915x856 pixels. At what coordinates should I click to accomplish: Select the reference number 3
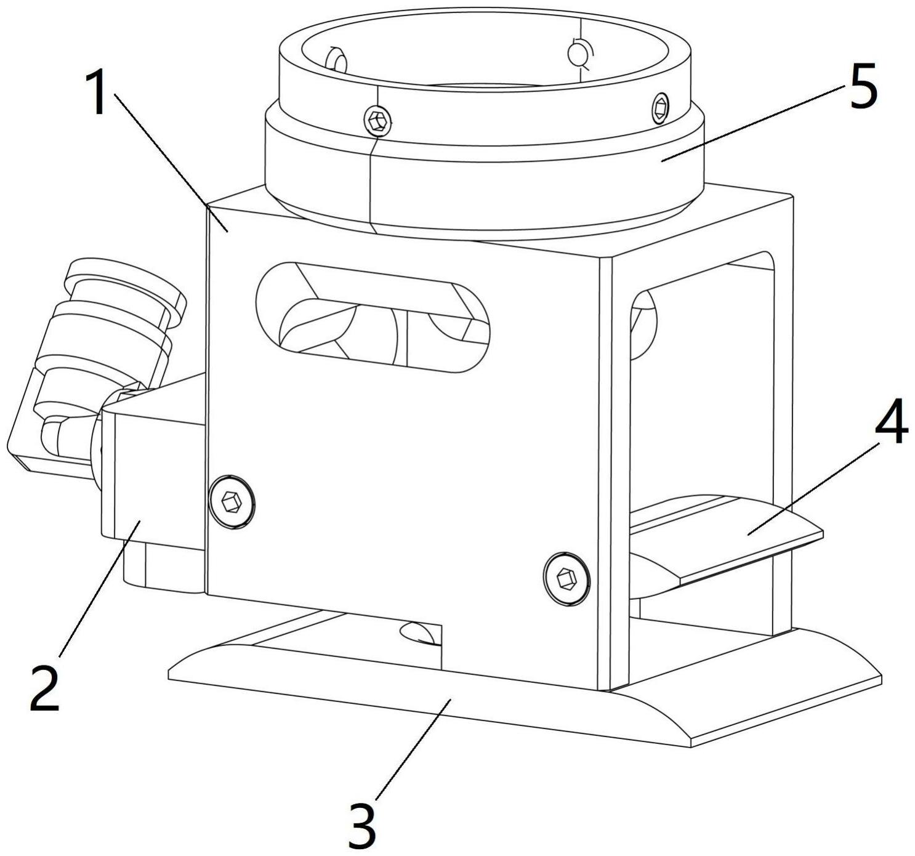[x=361, y=825]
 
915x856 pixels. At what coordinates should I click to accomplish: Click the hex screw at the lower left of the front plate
[x=232, y=502]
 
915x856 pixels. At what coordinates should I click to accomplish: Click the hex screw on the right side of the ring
[x=660, y=109]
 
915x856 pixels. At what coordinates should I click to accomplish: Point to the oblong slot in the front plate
[x=373, y=318]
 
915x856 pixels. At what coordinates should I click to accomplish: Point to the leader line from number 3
[x=413, y=748]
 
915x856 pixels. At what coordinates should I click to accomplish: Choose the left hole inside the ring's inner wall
[x=337, y=62]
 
